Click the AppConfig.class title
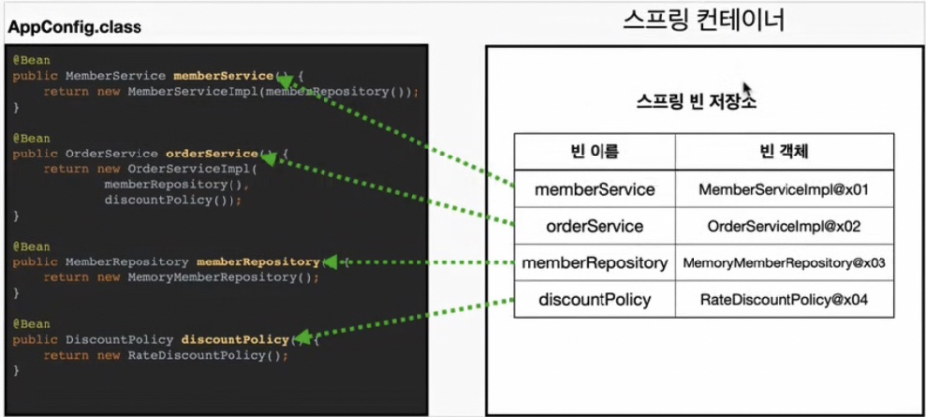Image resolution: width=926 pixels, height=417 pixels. [x=74, y=27]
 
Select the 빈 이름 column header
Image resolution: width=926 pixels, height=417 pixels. [x=595, y=151]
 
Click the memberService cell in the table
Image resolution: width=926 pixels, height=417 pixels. [x=595, y=188]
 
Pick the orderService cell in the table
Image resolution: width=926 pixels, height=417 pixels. [x=595, y=226]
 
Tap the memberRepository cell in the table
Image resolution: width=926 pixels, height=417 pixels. [x=595, y=262]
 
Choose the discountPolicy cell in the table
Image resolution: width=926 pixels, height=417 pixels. [x=595, y=298]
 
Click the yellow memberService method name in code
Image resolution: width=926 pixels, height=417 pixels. [x=222, y=75]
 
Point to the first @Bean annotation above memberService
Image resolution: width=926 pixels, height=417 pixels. [x=25, y=59]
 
